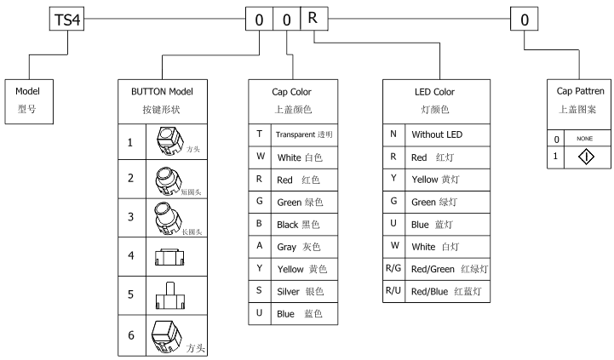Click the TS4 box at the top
point(66,19)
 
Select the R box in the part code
point(314,19)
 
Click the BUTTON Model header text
point(162,92)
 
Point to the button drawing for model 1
point(170,141)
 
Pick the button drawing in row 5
point(170,296)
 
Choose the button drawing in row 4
point(169,257)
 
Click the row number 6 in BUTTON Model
point(131,335)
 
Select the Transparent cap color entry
point(304,134)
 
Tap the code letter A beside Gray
point(259,245)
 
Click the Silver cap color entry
point(301,292)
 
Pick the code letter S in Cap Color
point(259,290)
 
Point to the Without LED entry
point(437,134)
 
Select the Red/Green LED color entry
point(450,269)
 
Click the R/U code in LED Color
point(393,290)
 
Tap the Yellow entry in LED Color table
point(435,180)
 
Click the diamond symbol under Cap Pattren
point(586,157)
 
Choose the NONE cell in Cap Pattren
point(585,139)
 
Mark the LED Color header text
point(434,92)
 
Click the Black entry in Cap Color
point(298,225)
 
